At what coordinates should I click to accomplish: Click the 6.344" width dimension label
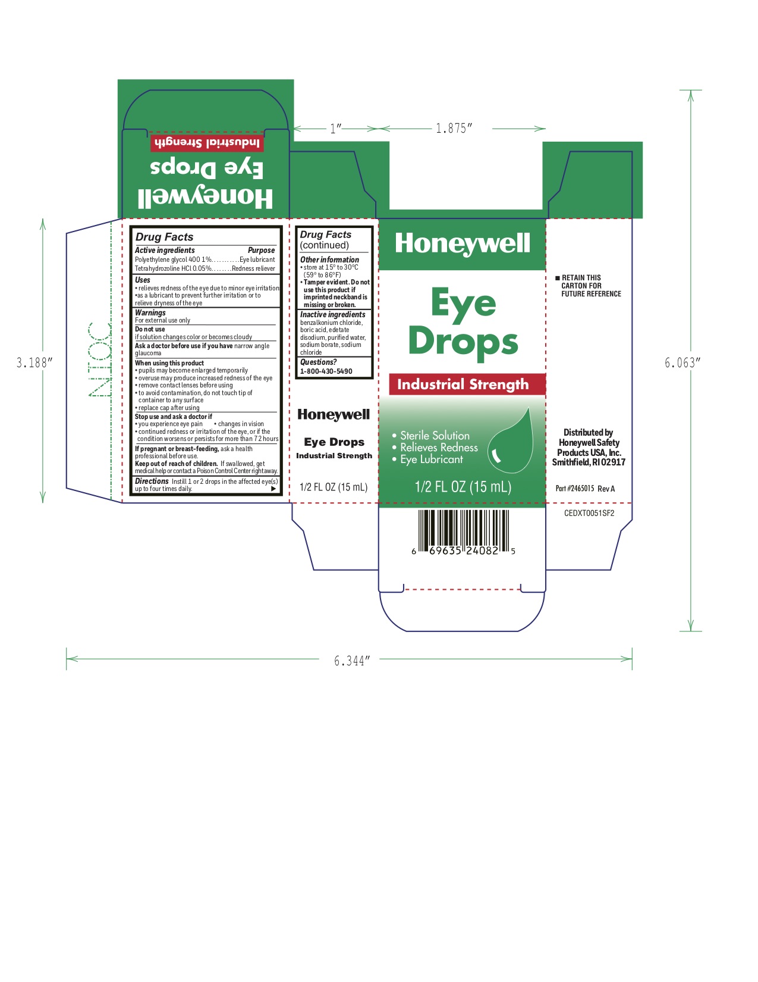click(x=352, y=661)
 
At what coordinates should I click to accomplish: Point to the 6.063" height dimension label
click(x=683, y=363)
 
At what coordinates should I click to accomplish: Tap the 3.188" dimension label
click(x=34, y=363)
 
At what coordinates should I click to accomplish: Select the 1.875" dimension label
click(x=454, y=129)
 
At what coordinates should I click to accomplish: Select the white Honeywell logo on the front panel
click(x=463, y=243)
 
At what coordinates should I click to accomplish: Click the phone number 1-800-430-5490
click(x=326, y=371)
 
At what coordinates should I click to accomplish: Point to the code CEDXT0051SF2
click(x=589, y=513)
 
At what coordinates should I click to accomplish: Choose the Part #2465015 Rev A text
click(x=585, y=489)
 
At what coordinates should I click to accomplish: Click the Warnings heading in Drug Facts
click(x=150, y=312)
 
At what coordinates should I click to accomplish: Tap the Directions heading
click(x=152, y=481)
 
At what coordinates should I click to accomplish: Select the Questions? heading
click(x=318, y=362)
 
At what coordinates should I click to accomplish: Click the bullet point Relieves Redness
click(x=439, y=448)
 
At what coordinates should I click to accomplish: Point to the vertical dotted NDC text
click(x=99, y=359)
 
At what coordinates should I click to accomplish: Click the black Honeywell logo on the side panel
click(x=334, y=415)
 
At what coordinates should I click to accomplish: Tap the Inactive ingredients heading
click(x=332, y=314)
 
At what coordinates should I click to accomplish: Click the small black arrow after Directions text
click(x=273, y=489)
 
